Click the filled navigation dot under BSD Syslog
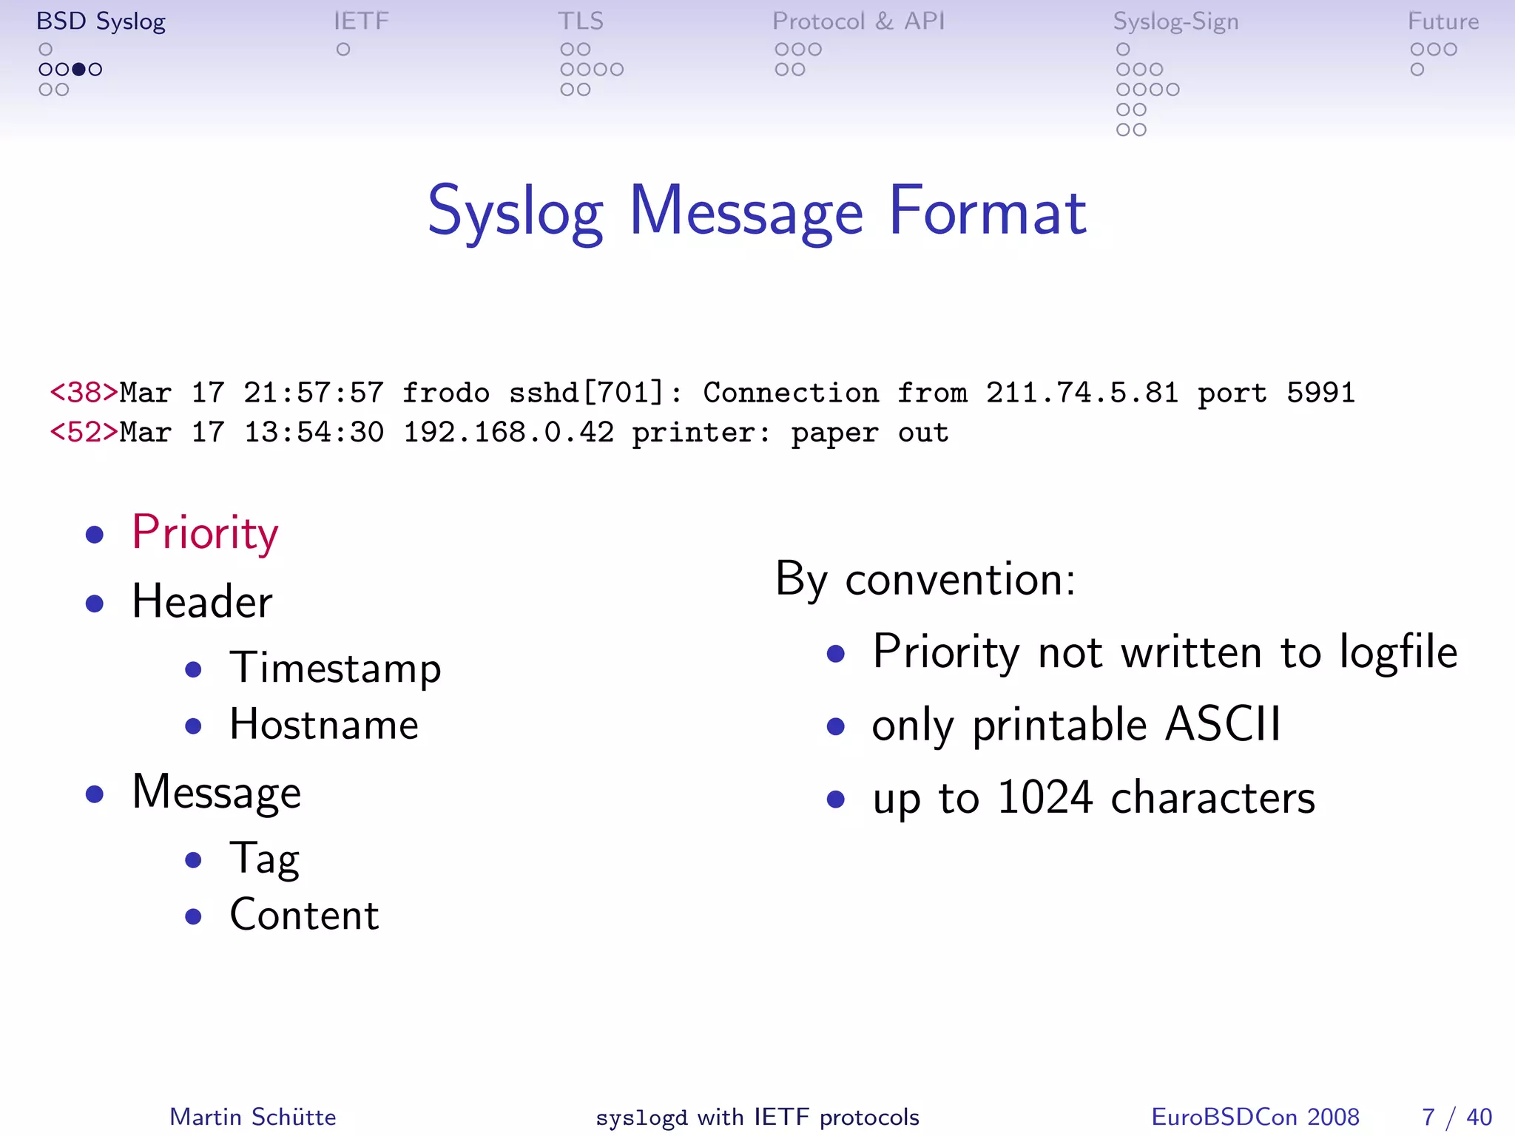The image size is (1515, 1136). tap(78, 70)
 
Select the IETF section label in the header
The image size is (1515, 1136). tap(361, 21)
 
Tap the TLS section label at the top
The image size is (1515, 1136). tap(581, 21)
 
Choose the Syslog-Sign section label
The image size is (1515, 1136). tap(1175, 22)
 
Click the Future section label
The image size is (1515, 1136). tap(1443, 21)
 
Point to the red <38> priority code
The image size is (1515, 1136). tap(84, 393)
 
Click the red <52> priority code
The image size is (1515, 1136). tap(84, 433)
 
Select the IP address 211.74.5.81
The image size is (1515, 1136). tap(1082, 393)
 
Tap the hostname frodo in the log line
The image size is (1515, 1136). tap(446, 393)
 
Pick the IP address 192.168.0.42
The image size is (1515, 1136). tap(508, 433)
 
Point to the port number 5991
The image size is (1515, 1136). tap(1320, 393)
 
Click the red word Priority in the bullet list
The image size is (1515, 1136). tap(205, 532)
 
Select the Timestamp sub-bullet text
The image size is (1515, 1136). tap(335, 668)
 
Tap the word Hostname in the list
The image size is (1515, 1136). tap(324, 725)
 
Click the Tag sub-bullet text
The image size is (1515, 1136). tap(264, 859)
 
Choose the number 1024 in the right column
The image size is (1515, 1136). tap(1045, 798)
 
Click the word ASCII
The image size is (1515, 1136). tap(1222, 725)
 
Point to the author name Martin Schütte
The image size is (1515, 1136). tap(253, 1117)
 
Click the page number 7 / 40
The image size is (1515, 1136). tap(1457, 1117)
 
